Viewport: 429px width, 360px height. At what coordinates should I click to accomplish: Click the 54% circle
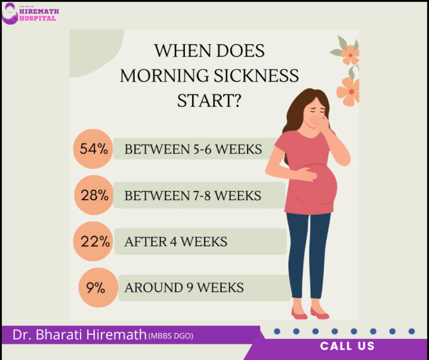(x=93, y=149)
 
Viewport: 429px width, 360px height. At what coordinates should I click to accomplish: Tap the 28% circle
(x=94, y=196)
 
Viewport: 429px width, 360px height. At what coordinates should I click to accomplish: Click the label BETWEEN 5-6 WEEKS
(x=193, y=149)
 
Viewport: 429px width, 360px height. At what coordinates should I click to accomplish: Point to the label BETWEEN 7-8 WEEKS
(x=193, y=196)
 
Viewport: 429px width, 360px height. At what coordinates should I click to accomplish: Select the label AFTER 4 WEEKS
(x=176, y=242)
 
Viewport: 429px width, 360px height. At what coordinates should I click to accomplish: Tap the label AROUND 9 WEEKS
(x=184, y=287)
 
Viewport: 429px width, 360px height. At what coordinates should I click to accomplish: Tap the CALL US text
(x=347, y=346)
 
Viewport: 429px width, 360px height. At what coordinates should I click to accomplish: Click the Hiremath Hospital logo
(x=29, y=13)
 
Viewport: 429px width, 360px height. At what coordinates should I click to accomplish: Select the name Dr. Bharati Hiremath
(x=79, y=335)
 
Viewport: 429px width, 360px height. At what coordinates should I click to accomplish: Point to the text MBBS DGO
(x=171, y=336)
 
